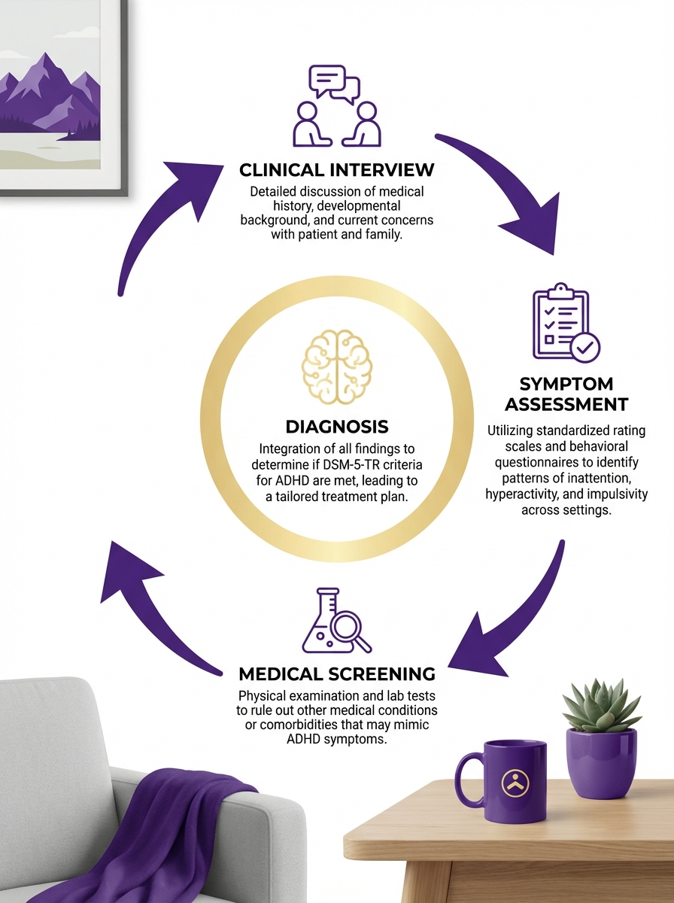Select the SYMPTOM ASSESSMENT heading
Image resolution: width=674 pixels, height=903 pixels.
coord(566,394)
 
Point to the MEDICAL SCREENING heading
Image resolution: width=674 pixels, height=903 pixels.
coord(336,673)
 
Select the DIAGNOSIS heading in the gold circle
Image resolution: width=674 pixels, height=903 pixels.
coord(336,427)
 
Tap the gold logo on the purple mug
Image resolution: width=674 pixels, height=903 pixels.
coord(516,783)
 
